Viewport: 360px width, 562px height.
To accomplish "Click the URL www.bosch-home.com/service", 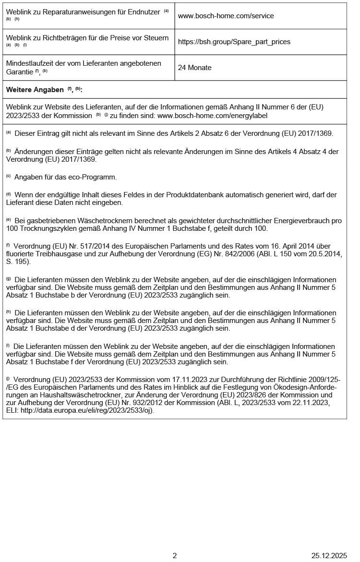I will [x=226, y=16].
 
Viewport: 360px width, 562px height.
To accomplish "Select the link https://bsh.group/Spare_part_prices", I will [x=234, y=42].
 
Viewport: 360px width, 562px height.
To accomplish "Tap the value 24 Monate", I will [x=194, y=68].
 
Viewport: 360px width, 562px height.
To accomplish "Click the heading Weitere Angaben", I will [x=35, y=90].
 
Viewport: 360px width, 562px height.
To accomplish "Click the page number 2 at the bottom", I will [x=175, y=556].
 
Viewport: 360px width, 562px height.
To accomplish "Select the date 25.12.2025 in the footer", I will [x=329, y=556].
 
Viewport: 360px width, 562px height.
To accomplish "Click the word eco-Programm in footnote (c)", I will [x=93, y=178].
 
